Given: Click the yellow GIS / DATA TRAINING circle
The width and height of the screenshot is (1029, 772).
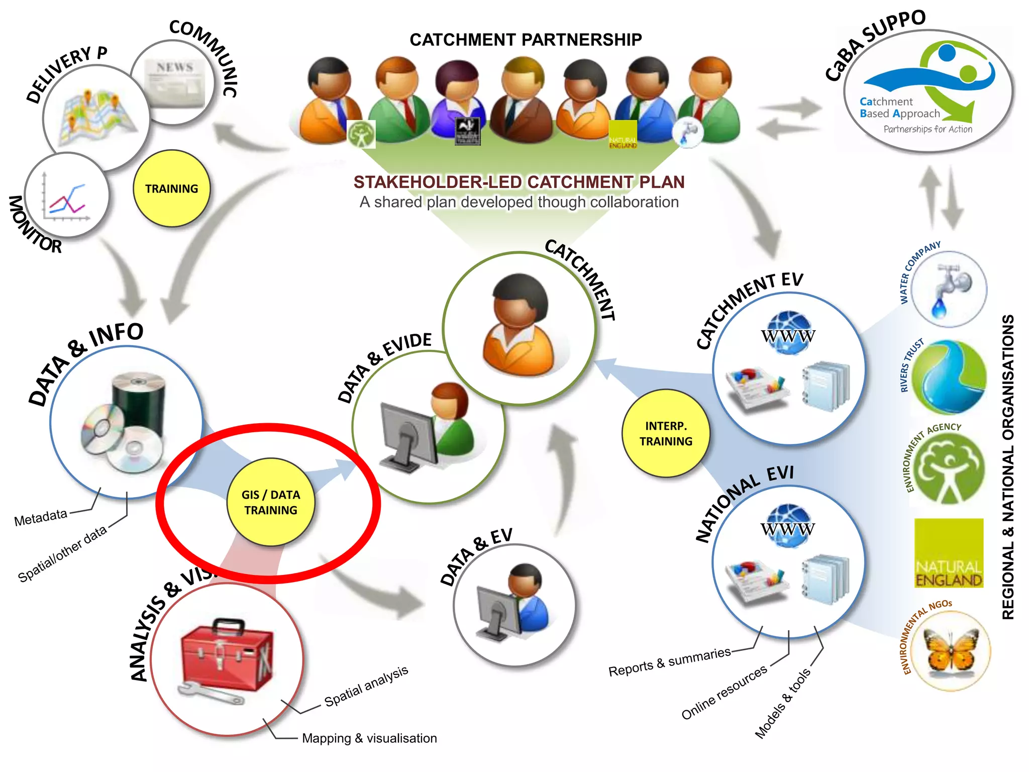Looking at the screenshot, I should coord(271,502).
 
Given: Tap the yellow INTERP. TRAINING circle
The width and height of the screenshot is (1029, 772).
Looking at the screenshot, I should coord(665,433).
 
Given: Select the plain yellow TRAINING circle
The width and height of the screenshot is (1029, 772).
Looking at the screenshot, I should coord(171,188).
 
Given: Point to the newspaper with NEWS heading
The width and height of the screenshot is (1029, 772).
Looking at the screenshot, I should coord(175,83).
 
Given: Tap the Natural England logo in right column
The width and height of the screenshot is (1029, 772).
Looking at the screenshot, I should coord(948,553).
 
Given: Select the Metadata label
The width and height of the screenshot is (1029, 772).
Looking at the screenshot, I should coord(41,517).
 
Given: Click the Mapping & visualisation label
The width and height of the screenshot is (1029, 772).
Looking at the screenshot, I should coord(369,738).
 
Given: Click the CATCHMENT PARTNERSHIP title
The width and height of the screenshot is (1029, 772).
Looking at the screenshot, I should coord(526,40).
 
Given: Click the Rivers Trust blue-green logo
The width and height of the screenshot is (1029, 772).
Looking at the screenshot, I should coord(949,377).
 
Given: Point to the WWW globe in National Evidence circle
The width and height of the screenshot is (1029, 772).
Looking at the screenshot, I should coord(788,527).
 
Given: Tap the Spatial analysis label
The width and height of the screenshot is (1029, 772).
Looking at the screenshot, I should coord(366,686).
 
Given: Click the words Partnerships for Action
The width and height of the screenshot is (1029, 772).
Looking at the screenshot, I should coord(928,129).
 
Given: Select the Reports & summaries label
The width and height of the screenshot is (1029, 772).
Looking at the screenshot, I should coord(669,661).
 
